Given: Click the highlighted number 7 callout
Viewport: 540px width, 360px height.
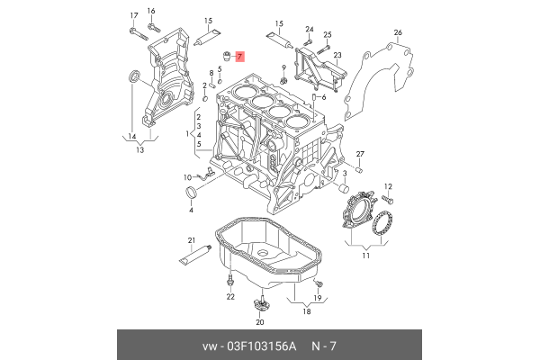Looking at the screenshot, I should pos(239,57).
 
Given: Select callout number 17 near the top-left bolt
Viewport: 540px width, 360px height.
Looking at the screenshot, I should pos(133,16).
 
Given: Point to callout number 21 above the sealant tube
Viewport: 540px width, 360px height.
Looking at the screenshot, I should pos(191,239).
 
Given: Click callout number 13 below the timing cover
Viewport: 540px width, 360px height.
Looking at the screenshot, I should pos(139,150).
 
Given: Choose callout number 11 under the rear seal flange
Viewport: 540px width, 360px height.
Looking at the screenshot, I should pos(365,256).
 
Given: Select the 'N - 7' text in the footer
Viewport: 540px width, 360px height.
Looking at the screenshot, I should pos(325,346).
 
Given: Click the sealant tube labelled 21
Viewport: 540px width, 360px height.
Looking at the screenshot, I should pos(193,257).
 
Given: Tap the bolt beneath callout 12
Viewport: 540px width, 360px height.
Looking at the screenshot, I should pos(389,198).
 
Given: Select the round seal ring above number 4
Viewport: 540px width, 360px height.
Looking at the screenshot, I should pos(191,194).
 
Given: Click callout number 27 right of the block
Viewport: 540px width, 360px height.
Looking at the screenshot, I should pos(359,154).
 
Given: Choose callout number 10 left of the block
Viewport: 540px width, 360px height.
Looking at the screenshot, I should pos(188,176).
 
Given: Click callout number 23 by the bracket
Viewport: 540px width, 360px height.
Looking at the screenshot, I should pos(338,56).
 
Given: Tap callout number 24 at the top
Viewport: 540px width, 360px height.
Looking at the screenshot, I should pos(309,29).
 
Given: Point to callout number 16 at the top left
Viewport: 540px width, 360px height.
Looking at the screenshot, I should pos(151,11).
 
